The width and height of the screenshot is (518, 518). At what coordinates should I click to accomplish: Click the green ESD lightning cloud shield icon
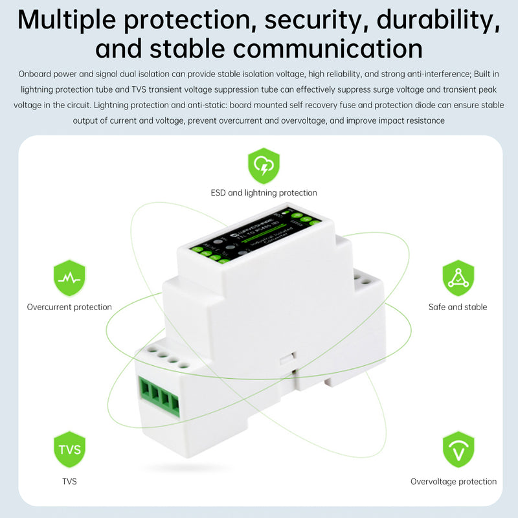tap(264, 166)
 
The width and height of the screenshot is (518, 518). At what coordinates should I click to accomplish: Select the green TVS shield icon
tap(69, 449)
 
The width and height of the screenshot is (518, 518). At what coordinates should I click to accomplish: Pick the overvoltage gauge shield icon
tap(458, 449)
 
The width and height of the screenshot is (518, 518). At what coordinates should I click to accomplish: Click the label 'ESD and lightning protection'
tap(264, 193)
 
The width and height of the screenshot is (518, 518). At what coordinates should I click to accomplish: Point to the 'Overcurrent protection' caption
tap(69, 307)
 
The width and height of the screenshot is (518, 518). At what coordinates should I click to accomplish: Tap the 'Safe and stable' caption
tap(458, 307)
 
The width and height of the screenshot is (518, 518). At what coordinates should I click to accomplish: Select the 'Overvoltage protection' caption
tap(453, 482)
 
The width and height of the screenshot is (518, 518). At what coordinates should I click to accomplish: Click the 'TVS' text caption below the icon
tap(69, 482)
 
